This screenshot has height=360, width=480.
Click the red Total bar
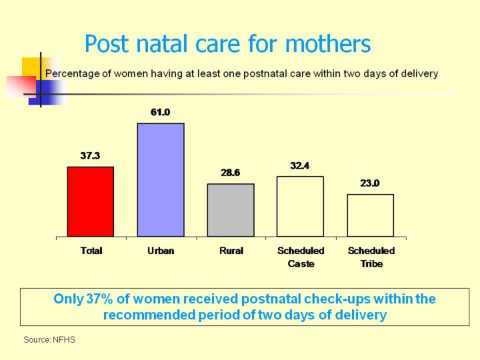click(91, 201)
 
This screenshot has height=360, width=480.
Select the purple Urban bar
click(161, 180)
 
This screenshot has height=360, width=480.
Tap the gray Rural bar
click(231, 210)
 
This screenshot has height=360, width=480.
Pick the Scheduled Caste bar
click(300, 206)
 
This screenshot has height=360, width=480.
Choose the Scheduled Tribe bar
click(370, 215)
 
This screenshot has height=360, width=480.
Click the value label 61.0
click(160, 113)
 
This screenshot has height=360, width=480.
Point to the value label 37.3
click(90, 156)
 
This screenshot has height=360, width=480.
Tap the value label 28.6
click(231, 173)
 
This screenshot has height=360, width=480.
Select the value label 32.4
click(300, 165)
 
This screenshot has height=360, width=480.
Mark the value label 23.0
click(370, 183)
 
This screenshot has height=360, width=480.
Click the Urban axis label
click(161, 251)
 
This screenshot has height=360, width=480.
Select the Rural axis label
click(231, 251)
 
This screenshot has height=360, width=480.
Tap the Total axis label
click(91, 251)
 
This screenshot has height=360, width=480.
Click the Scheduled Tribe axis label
click(371, 257)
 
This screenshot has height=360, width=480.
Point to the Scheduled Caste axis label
click(301, 257)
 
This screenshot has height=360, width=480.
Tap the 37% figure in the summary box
click(99, 299)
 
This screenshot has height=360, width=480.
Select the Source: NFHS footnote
click(49, 340)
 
